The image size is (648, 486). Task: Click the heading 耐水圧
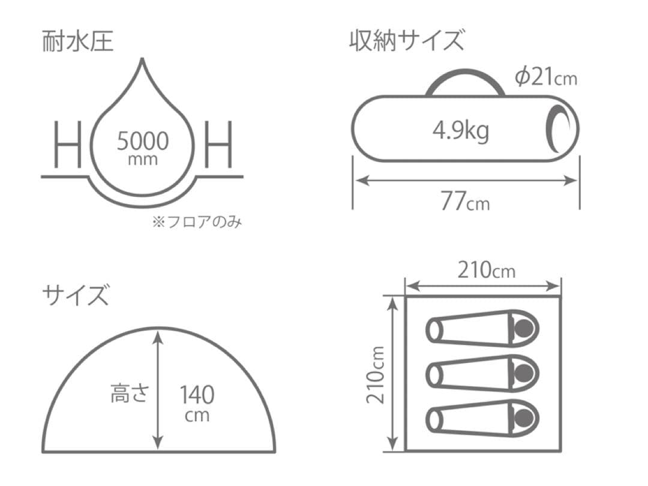[77, 41]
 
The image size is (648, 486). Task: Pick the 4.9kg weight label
[461, 129]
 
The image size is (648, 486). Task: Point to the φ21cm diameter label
[546, 77]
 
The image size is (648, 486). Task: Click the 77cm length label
[465, 202]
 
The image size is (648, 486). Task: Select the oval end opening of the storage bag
[562, 127]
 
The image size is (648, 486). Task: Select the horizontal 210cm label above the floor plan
[486, 271]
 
